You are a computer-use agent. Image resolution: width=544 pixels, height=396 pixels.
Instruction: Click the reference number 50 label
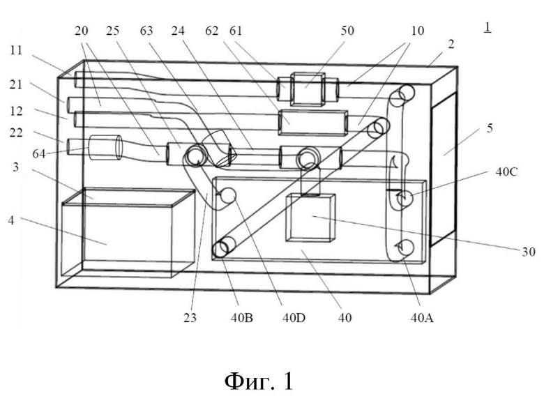[347, 31]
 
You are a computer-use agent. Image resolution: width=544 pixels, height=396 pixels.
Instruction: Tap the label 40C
[507, 172]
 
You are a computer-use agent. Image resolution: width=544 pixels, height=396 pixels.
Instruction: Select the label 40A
[422, 318]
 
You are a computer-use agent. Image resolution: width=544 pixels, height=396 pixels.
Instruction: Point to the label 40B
[242, 318]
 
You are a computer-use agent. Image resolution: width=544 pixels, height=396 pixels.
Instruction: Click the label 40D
[294, 318]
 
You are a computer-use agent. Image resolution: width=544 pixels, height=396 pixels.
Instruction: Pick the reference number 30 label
[529, 252]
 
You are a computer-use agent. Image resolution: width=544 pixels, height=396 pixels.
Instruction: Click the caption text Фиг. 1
[259, 381]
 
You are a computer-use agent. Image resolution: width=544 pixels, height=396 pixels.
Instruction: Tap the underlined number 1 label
[488, 27]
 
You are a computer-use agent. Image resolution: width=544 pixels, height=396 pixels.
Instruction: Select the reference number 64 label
[39, 153]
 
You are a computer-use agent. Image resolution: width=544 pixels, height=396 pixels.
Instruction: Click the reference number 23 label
[190, 318]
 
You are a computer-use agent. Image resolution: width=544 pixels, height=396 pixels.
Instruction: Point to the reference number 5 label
[490, 128]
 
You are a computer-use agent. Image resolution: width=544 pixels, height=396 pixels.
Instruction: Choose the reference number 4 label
[11, 220]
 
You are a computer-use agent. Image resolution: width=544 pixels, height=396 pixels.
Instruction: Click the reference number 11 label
[16, 51]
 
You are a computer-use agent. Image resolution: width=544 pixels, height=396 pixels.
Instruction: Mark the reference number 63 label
[146, 31]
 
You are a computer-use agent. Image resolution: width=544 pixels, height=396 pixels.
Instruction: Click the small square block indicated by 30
[310, 218]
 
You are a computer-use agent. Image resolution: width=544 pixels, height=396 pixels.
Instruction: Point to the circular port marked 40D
[229, 195]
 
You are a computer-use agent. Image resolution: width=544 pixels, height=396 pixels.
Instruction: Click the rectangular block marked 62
[312, 123]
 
